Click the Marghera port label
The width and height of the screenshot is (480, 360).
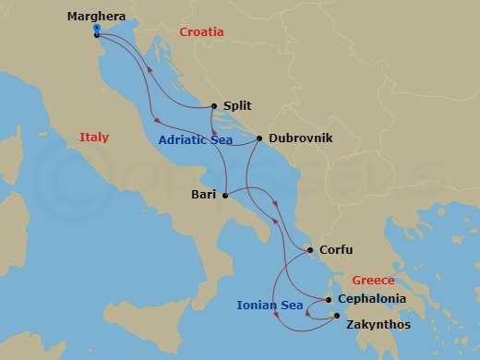coord(97,16)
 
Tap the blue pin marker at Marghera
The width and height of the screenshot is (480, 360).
coord(97,30)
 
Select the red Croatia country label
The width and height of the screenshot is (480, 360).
coord(201,31)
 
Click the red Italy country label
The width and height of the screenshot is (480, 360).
coord(93,138)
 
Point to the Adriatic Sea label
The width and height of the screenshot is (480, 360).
coord(194,140)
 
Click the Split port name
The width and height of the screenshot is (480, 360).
coord(237,106)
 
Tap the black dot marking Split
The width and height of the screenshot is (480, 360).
coord(214,106)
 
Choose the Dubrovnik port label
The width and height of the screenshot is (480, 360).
coord(300,138)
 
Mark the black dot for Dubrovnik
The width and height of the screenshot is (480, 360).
coord(259,139)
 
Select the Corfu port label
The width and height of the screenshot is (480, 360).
coord(336,249)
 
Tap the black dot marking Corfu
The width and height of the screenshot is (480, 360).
coord(309,249)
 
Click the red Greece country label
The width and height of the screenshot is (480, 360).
coord(373,280)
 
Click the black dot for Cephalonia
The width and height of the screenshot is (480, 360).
coord(329,299)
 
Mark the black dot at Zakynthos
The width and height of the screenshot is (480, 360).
coord(336,316)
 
